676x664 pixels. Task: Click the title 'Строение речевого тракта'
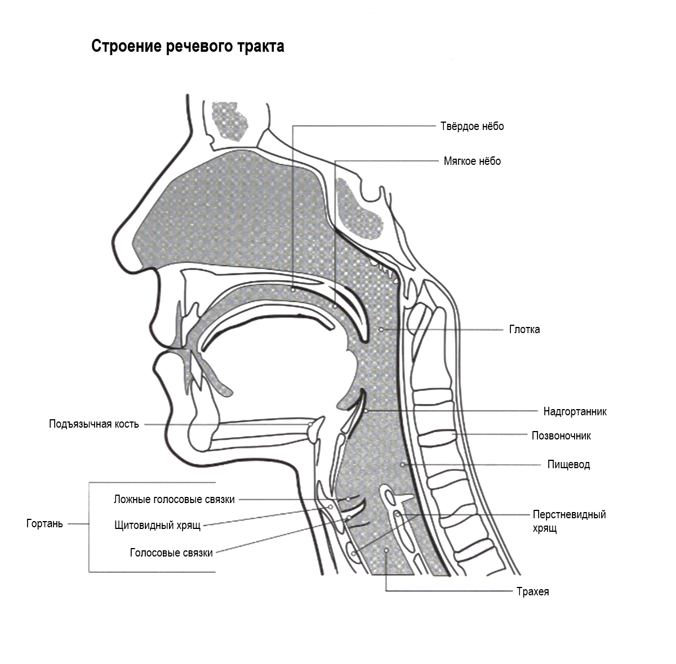click(x=188, y=46)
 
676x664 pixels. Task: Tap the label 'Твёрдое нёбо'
click(x=472, y=126)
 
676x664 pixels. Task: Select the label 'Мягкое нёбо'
click(x=472, y=161)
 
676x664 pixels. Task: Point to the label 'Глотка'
click(x=524, y=329)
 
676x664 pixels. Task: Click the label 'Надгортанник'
click(x=575, y=411)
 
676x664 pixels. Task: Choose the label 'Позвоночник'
click(x=561, y=436)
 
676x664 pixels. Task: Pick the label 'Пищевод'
click(x=568, y=465)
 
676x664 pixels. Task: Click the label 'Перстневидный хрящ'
click(x=569, y=521)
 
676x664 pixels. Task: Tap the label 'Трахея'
click(x=532, y=591)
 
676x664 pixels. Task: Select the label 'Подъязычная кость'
click(x=94, y=424)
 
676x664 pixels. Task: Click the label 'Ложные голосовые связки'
click(x=174, y=499)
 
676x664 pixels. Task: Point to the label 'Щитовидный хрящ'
click(x=157, y=526)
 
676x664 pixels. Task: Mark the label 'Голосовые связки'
click(x=171, y=553)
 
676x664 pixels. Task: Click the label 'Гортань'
click(x=45, y=524)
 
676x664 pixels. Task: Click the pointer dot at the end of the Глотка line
click(x=381, y=329)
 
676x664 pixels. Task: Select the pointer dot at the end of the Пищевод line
click(x=402, y=464)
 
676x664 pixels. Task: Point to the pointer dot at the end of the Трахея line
click(x=386, y=550)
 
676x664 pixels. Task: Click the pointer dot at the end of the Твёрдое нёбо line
click(x=293, y=289)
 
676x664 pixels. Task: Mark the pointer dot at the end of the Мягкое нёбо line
click(x=335, y=307)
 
